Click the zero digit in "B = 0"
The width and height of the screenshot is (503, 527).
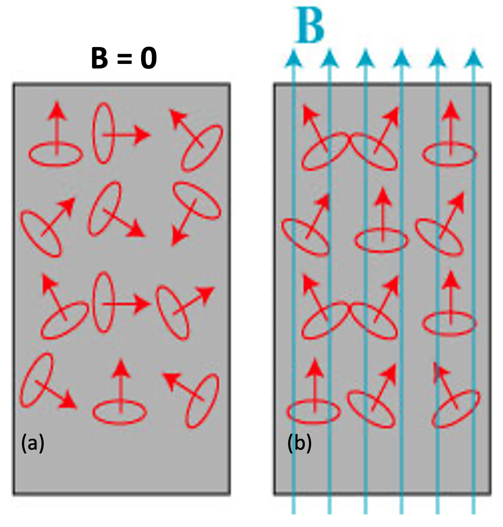[149, 58]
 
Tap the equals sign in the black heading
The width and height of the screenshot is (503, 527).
[124, 59]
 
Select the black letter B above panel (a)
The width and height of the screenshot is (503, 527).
[100, 58]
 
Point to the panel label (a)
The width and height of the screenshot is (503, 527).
[33, 443]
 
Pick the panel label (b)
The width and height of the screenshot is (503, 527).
[299, 443]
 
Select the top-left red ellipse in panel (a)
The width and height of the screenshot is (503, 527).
[55, 154]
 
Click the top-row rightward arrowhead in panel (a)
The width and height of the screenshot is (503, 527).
[143, 135]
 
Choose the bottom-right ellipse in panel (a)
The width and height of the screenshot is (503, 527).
[202, 401]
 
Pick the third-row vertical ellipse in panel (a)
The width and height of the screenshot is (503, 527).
[103, 303]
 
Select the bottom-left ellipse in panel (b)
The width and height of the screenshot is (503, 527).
[314, 412]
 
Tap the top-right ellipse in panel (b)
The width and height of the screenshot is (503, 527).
[449, 154]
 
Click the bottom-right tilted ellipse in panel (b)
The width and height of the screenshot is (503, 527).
[456, 409]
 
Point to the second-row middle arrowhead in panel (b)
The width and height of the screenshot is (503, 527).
[382, 197]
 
